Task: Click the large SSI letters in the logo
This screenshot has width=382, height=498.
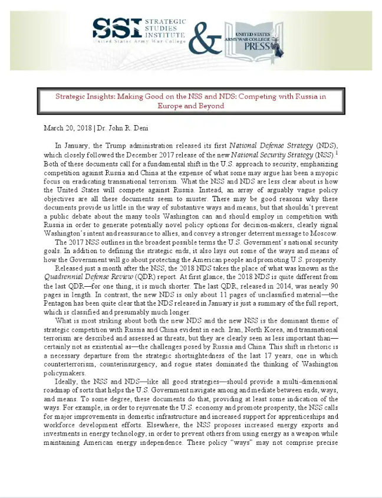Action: [x=117, y=28]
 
